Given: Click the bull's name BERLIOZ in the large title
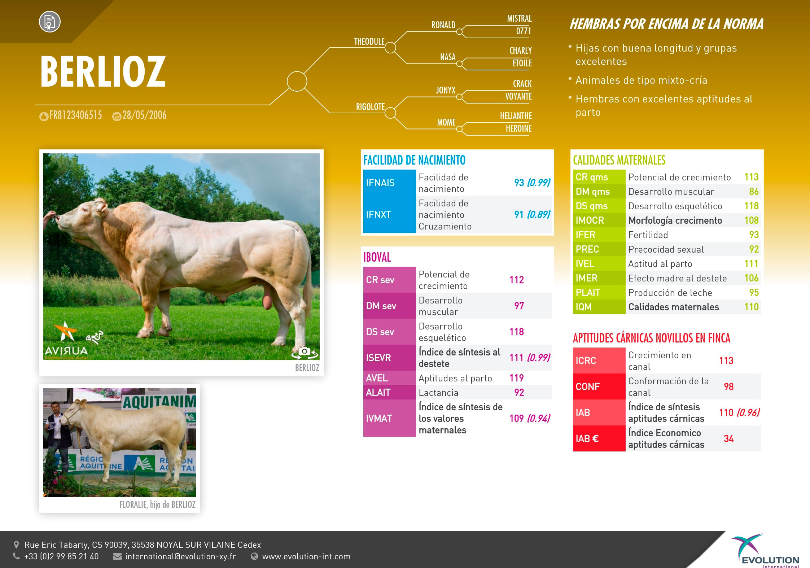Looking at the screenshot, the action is (x=103, y=72).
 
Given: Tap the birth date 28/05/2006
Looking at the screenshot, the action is (x=144, y=115).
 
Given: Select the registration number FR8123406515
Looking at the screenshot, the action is (x=76, y=115).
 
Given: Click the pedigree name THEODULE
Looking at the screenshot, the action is (x=369, y=41).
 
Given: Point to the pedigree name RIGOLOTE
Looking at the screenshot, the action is (x=370, y=107).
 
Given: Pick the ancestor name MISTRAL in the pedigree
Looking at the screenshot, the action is (x=519, y=18).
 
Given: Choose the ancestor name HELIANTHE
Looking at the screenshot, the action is (x=516, y=116).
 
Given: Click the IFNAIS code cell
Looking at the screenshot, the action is (x=389, y=183).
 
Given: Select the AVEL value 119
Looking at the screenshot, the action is (x=516, y=378).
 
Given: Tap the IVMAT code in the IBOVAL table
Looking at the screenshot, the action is (x=379, y=419).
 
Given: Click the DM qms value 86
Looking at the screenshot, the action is (x=754, y=192).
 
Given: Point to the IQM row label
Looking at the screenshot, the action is (x=583, y=307).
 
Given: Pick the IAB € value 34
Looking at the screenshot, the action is (x=728, y=439).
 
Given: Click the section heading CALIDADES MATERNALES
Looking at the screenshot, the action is (x=619, y=160).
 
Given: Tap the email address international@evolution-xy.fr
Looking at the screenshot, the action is (x=180, y=556).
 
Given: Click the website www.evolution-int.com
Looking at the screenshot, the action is (x=306, y=556).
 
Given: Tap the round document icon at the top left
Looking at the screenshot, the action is (x=50, y=22).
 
